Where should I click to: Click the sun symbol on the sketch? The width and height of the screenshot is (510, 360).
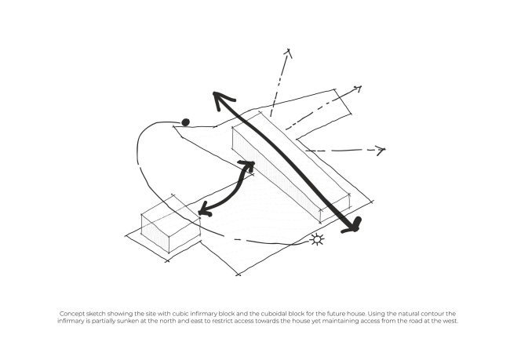pos(317,240)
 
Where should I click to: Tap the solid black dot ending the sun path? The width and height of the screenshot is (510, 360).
pos(185,122)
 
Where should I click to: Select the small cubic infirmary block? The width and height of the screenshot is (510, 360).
pos(170,224)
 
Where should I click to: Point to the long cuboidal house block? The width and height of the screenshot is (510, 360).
pos(291,168)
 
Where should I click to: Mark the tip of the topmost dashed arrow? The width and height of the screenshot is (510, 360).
pos(289,49)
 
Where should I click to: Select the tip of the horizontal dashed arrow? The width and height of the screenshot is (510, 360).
pos(384,149)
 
